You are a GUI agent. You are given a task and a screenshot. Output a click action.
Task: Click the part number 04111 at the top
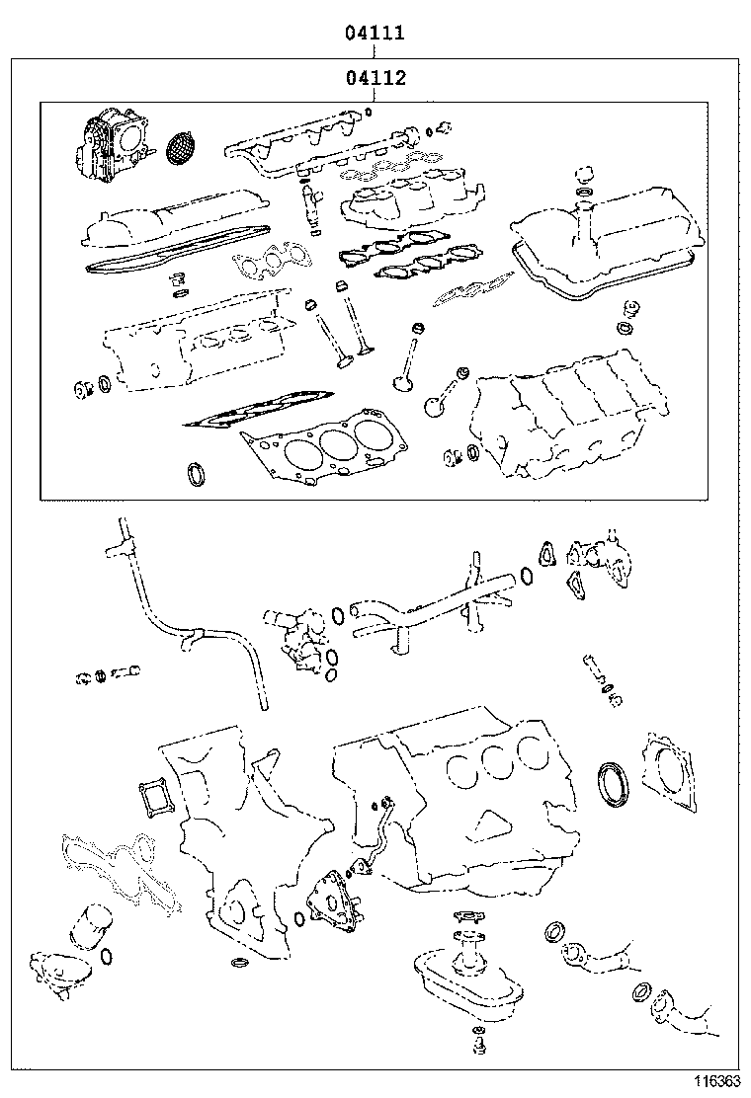pyautogui.click(x=375, y=34)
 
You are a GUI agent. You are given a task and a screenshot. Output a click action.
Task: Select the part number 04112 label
pyautogui.click(x=375, y=78)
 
